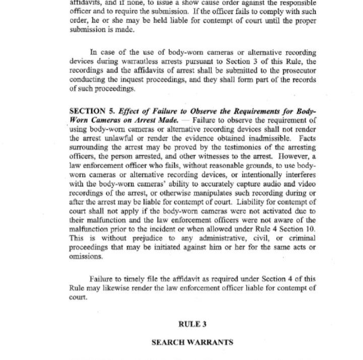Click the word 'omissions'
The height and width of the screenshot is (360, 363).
86,256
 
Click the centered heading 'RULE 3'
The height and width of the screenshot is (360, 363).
193,324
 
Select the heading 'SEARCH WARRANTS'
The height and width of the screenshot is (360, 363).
193,342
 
